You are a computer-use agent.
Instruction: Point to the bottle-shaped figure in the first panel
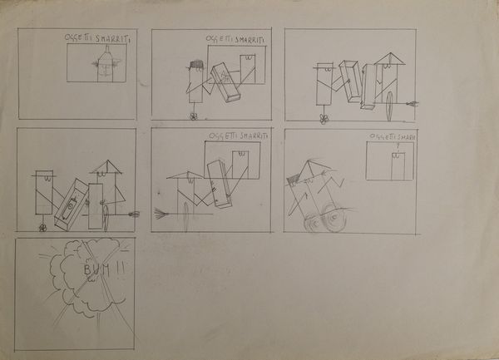tap(104, 65)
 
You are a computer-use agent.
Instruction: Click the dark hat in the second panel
tap(195, 64)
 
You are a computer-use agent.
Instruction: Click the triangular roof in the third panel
tap(387, 59)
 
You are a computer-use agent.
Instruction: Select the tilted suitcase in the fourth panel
tap(70, 205)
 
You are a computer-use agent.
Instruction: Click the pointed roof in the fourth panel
tap(104, 167)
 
